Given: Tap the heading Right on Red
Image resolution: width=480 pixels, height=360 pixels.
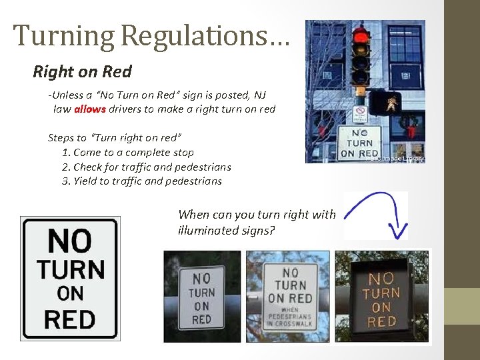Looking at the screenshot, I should [83, 71].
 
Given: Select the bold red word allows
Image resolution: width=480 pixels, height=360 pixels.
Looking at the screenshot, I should [89, 109].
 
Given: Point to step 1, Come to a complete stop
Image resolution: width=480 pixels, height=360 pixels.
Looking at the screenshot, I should [128, 153].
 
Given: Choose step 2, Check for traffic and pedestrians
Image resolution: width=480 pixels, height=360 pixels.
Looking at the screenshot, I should [147, 167].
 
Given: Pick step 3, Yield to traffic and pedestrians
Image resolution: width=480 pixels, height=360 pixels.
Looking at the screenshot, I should [142, 181].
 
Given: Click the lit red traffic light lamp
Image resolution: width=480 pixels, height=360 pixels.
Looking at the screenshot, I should [361, 34].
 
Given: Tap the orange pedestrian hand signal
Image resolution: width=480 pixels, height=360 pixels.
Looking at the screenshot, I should [385, 103].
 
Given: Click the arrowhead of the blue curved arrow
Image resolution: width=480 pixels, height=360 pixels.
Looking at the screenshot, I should [399, 231].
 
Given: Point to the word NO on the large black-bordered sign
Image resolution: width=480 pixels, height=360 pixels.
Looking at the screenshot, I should [70, 240].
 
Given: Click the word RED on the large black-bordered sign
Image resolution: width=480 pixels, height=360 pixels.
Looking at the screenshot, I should [69, 319].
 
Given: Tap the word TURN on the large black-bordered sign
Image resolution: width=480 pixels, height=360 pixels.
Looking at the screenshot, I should [70, 269].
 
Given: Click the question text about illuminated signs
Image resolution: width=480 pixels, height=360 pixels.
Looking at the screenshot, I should [257, 223].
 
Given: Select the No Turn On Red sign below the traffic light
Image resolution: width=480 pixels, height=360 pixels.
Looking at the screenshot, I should [359, 143].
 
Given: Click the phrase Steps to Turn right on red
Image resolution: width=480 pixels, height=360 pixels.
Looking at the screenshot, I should [114, 138].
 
